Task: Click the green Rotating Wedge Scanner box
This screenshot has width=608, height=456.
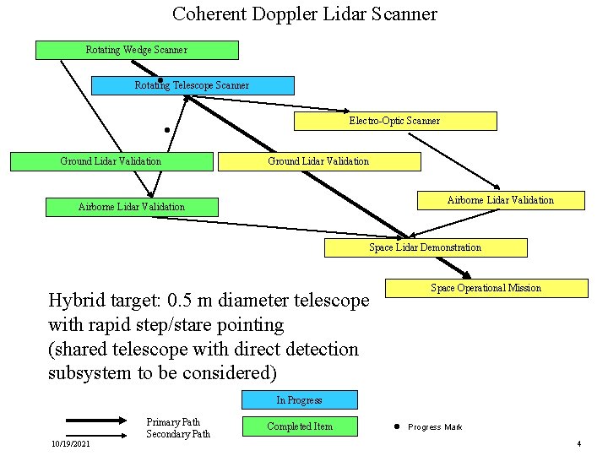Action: tap(137, 50)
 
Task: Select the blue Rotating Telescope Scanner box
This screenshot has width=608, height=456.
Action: tap(193, 85)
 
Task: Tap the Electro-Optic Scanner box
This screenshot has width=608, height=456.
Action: tap(394, 121)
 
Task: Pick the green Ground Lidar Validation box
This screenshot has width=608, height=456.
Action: tap(111, 161)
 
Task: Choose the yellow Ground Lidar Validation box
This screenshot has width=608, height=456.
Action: tap(318, 161)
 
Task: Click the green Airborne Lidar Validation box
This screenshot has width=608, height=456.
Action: tap(132, 207)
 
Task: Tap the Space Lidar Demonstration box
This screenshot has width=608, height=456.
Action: tap(426, 247)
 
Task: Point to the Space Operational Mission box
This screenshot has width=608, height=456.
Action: tap(486, 288)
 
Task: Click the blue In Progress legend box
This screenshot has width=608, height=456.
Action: tap(299, 399)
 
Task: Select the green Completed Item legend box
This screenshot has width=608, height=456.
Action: tap(299, 426)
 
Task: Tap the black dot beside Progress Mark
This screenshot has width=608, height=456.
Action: tap(395, 426)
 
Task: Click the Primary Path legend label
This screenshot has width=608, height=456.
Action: tap(173, 422)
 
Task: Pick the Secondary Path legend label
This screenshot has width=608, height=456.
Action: tap(178, 434)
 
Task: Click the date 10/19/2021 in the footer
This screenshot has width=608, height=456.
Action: tap(70, 443)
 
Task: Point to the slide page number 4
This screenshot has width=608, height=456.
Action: tap(578, 443)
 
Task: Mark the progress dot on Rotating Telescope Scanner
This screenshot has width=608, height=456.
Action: tap(160, 80)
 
